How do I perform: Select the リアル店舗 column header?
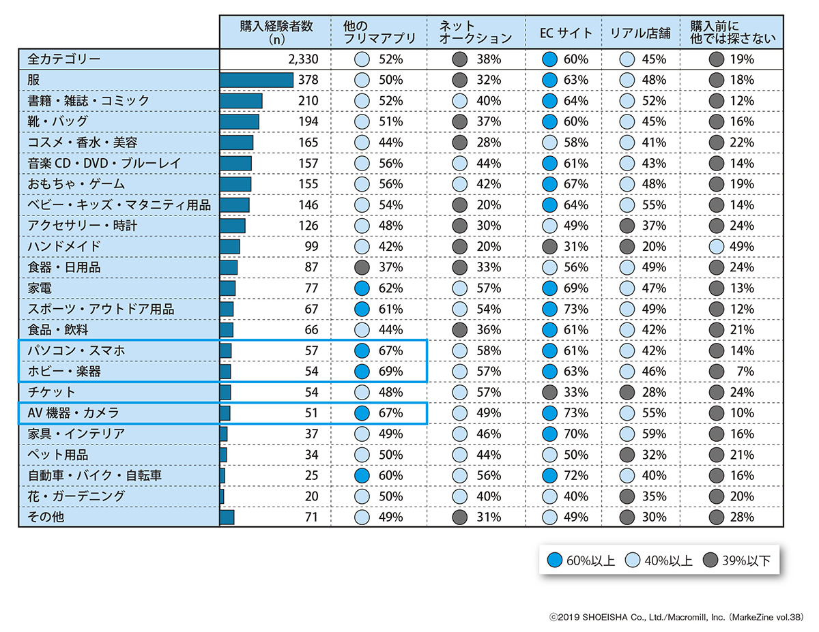640,32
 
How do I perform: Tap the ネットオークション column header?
475,32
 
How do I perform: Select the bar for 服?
257,80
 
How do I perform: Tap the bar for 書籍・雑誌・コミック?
241,101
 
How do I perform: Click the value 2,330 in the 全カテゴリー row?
304,59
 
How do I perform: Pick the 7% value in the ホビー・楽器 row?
746,372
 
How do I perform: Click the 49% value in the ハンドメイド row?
741,246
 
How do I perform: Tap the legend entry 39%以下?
747,560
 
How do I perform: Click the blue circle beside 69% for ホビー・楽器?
362,372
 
